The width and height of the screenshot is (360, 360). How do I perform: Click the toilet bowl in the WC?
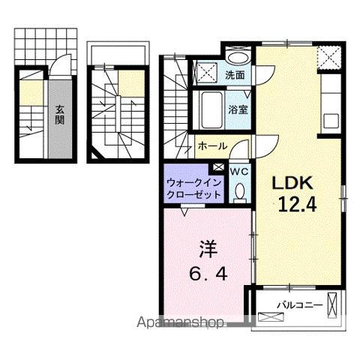(239, 193)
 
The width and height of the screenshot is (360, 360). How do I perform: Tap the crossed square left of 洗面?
(205, 71)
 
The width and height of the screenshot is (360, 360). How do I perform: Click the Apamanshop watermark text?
(179, 324)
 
